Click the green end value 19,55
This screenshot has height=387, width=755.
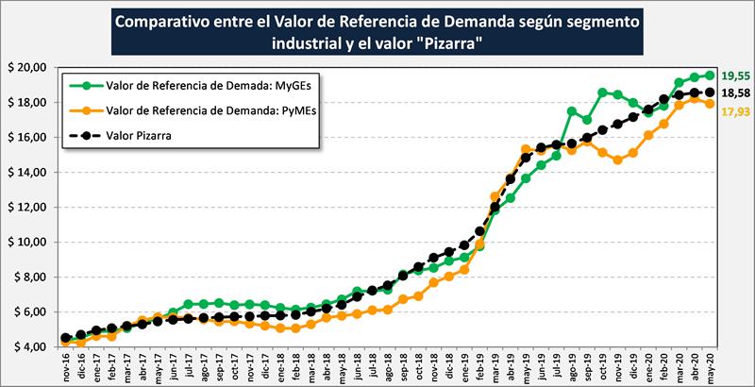(735, 76)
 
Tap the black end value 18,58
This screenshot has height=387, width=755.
(735, 94)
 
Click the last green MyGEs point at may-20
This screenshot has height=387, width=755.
(709, 75)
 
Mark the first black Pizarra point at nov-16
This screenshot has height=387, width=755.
(65, 338)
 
